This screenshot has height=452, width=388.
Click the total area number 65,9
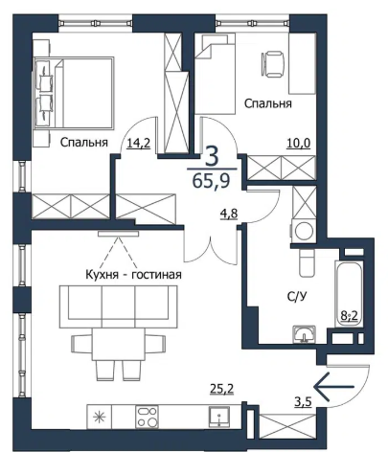click(212, 181)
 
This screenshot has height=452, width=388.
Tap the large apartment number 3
click(212, 156)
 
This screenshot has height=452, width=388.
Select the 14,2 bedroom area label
click(139, 144)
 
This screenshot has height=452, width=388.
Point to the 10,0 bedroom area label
click(299, 144)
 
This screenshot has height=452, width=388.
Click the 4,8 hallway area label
click(229, 214)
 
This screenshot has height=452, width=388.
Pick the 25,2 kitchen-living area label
click(221, 389)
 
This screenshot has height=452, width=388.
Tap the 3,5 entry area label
click(303, 401)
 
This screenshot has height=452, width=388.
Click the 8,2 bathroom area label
click(349, 317)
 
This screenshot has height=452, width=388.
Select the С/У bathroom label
click(297, 297)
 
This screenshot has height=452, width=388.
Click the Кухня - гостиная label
click(134, 275)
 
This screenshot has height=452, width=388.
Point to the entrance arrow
click(334, 387)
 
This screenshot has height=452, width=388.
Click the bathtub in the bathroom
click(349, 294)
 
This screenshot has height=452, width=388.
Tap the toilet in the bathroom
click(307, 262)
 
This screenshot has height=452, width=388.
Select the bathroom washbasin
click(305, 334)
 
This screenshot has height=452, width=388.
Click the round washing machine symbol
click(304, 231)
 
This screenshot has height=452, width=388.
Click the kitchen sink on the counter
click(219, 417)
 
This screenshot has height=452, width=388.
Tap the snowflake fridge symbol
click(100, 418)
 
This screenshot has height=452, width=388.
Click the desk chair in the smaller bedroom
click(273, 64)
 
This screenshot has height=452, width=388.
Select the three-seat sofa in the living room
click(118, 306)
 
